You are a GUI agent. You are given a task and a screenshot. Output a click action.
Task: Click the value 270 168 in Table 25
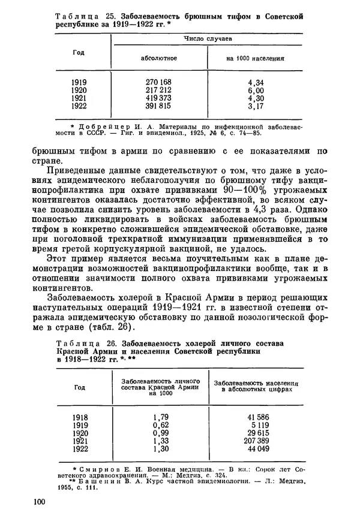(x=158, y=82)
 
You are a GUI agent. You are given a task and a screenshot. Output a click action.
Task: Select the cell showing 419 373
(x=158, y=98)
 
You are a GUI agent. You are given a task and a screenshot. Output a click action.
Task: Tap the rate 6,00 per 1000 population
(x=256, y=90)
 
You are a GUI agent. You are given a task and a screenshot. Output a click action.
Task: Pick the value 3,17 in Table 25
(x=256, y=107)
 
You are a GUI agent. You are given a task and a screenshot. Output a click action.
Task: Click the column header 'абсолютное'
(x=158, y=59)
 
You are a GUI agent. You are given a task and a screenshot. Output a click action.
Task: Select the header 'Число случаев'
(x=207, y=40)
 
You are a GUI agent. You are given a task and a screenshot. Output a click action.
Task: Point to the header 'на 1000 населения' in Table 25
(x=255, y=59)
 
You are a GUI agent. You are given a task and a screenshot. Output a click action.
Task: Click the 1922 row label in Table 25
(x=79, y=107)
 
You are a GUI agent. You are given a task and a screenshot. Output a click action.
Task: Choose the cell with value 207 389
(x=255, y=440)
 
